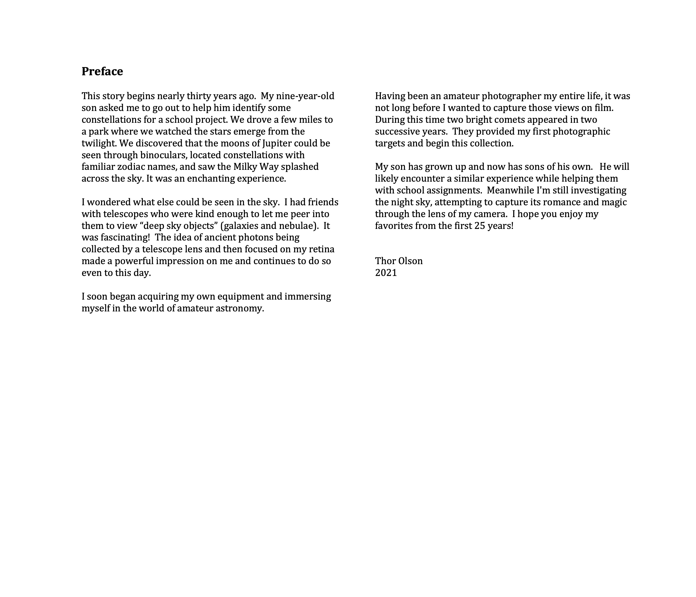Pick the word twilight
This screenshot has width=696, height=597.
99,143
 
